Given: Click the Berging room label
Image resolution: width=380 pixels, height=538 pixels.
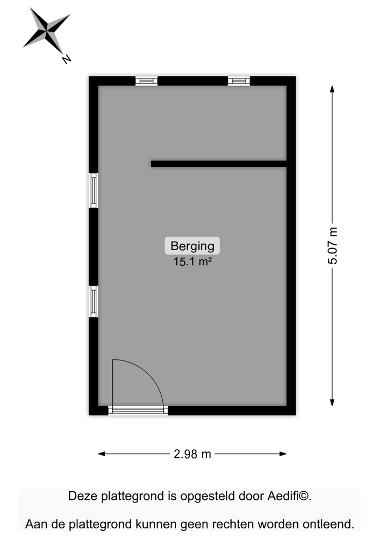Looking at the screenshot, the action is pyautogui.click(x=192, y=246).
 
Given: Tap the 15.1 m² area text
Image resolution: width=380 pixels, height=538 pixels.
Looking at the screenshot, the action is pyautogui.click(x=192, y=262).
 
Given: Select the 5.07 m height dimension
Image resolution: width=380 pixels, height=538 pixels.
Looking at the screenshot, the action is pyautogui.click(x=332, y=246).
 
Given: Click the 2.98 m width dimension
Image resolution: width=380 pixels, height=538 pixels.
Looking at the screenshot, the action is pyautogui.click(x=192, y=454).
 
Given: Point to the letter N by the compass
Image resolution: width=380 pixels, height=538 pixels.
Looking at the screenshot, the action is pyautogui.click(x=66, y=59).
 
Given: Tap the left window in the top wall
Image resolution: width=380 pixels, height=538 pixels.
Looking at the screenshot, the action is pyautogui.click(x=146, y=81).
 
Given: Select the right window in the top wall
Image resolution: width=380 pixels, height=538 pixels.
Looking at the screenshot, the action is pyautogui.click(x=239, y=81).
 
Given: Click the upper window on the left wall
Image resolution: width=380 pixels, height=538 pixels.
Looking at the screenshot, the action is pyautogui.click(x=94, y=190).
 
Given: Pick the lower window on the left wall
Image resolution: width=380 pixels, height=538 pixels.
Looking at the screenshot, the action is pyautogui.click(x=94, y=302).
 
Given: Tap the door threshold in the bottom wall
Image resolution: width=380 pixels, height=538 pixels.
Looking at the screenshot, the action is pyautogui.click(x=138, y=410).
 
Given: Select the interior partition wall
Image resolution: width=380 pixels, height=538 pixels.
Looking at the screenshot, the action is pyautogui.click(x=219, y=164).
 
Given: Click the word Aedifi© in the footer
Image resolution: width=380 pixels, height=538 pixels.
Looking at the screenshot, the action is pyautogui.click(x=289, y=496).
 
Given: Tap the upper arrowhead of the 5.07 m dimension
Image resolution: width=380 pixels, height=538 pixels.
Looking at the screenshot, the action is pyautogui.click(x=332, y=89).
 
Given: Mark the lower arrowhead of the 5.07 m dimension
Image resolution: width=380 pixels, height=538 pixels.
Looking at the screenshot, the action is pyautogui.click(x=332, y=402).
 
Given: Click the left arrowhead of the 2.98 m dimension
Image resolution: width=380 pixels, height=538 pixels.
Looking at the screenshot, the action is pyautogui.click(x=102, y=454).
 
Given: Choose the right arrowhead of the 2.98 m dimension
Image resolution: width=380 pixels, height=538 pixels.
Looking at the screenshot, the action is pyautogui.click(x=283, y=454).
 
